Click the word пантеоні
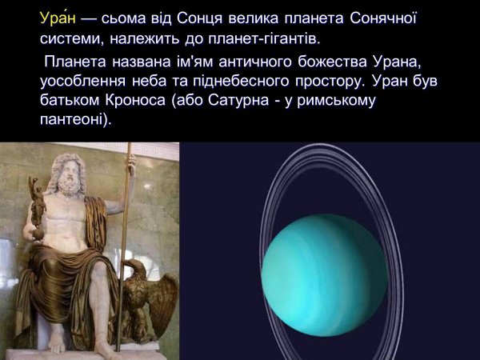point(77,121)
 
